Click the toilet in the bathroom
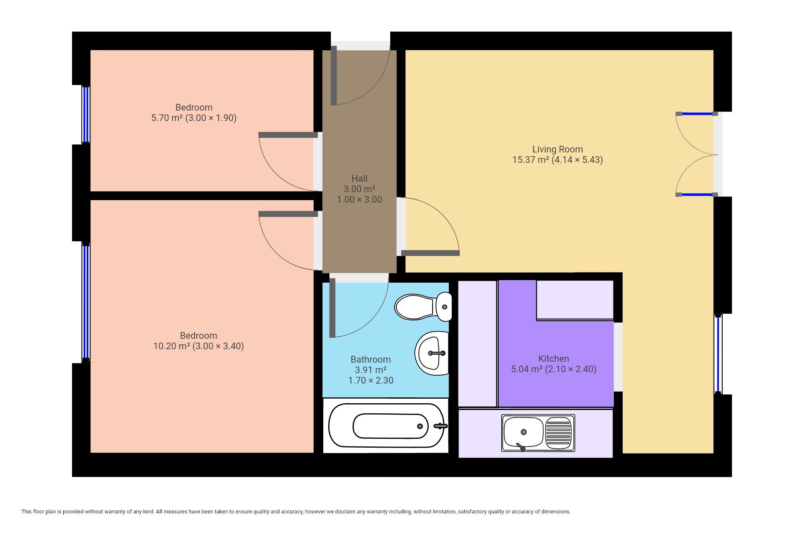423,307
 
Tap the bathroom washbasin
432,353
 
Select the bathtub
386,426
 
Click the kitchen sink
538,433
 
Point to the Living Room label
557,149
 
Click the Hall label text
359,178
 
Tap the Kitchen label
554,358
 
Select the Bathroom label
371,359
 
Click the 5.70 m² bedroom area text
194,118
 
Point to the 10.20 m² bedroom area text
198,346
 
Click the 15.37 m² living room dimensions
557,160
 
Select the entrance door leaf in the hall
334,75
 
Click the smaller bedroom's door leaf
288,135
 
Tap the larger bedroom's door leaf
288,214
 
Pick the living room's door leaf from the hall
430,253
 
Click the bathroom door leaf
332,308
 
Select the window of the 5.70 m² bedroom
85,115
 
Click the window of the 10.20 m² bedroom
85,302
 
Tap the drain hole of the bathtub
420,426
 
